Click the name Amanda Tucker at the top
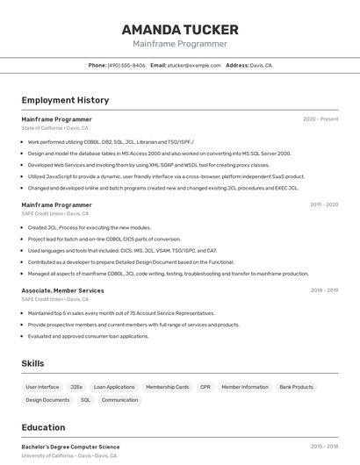coord(180,29)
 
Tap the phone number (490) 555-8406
coord(126,65)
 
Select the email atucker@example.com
coord(194,65)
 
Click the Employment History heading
coord(65,100)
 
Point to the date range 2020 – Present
coord(320,118)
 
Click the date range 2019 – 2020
coord(323,204)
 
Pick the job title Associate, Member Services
coord(62,290)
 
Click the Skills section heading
coord(33,363)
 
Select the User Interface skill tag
coord(42,387)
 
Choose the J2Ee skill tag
coord(76,387)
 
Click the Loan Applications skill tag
coord(114,387)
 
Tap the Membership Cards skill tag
coord(167,387)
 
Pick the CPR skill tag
coord(205,387)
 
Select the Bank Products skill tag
coord(296,387)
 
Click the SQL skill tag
coord(85,400)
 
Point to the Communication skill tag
coord(119,400)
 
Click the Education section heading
coord(43,427)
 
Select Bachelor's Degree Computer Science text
coord(70,447)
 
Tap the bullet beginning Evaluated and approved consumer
coord(88,336)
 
